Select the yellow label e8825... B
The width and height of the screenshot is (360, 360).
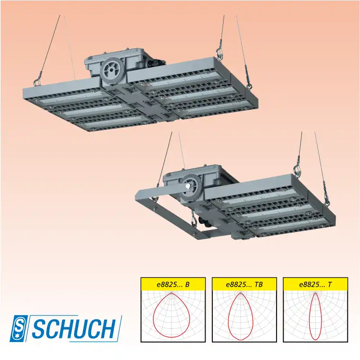tap(173, 284)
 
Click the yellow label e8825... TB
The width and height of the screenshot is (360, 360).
tap(244, 284)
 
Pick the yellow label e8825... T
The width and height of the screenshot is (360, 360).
tap(315, 284)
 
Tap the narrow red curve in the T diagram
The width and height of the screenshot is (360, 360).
tap(310, 315)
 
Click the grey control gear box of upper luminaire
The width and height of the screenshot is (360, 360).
tap(135, 63)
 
